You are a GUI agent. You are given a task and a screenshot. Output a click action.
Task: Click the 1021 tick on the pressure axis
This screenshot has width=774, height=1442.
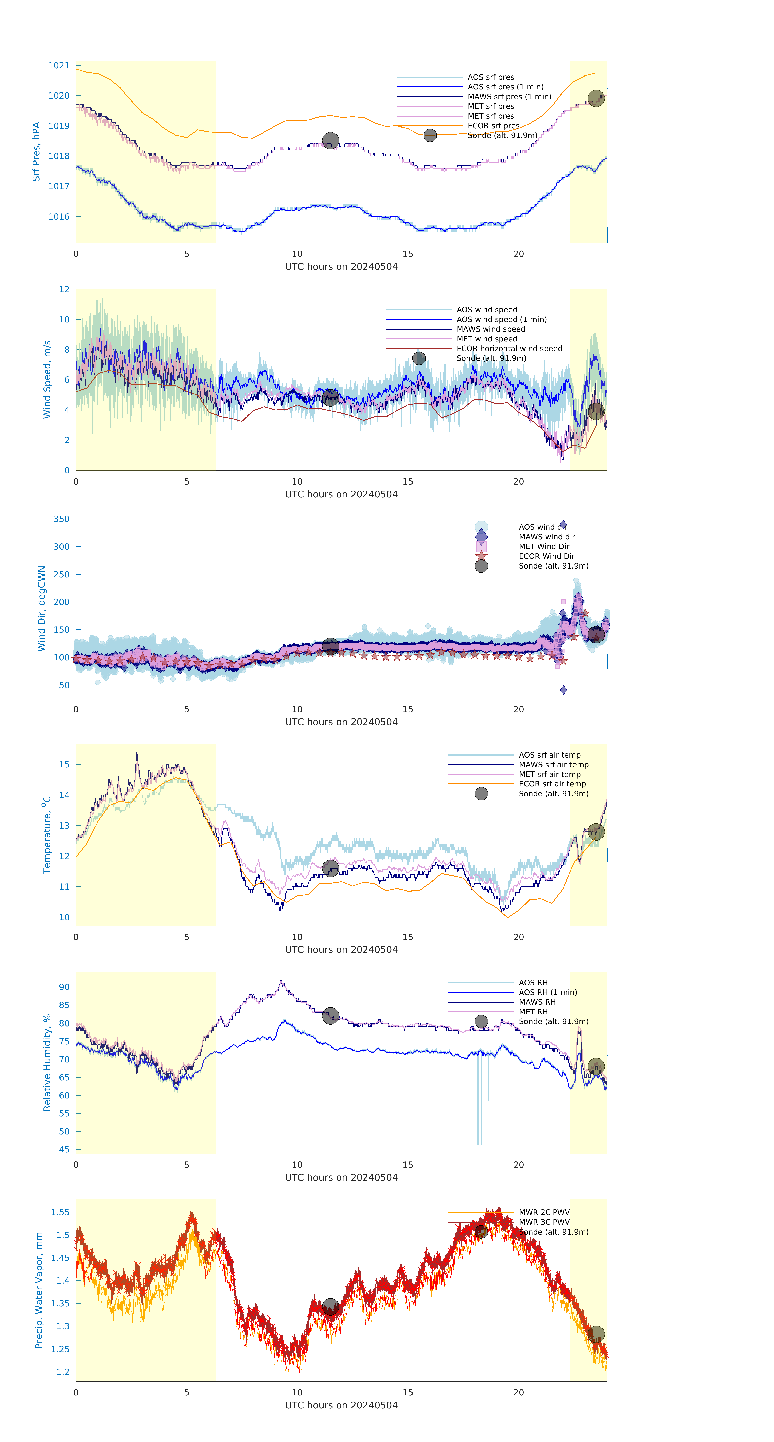[59, 66]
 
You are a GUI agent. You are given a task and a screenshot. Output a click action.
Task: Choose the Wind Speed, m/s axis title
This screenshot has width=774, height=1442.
[47, 379]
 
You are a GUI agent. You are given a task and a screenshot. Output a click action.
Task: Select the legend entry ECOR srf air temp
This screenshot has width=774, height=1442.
[552, 784]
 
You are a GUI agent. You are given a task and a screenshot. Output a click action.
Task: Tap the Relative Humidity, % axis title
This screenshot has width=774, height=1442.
[47, 1063]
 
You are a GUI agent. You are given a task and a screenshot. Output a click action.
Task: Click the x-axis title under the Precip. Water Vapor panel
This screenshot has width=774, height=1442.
[341, 1405]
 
